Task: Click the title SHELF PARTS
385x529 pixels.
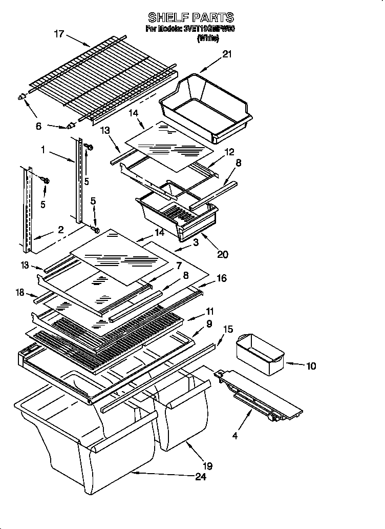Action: tap(191, 17)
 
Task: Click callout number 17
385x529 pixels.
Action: tap(59, 34)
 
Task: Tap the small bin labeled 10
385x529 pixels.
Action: tap(259, 354)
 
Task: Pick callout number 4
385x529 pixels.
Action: tap(235, 436)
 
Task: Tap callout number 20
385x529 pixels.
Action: tap(222, 254)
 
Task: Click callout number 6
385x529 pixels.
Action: tap(39, 127)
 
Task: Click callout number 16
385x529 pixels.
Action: tap(222, 278)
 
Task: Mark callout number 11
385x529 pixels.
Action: tap(210, 311)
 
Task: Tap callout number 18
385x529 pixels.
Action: tap(20, 292)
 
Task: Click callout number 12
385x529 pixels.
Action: tap(229, 152)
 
